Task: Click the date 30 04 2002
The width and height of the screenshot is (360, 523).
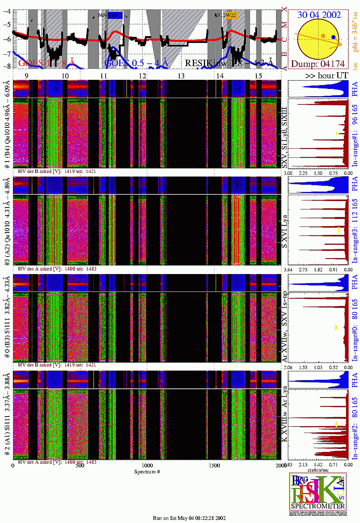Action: click(x=319, y=15)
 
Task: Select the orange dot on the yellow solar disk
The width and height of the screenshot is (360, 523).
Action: click(x=323, y=36)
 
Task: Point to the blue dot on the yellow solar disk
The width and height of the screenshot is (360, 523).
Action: click(x=333, y=37)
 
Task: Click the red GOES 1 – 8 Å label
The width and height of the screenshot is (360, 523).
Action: click(x=46, y=63)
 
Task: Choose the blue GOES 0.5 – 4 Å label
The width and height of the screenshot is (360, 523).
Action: click(x=136, y=63)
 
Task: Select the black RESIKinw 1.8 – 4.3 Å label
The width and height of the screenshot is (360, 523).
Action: click(x=229, y=63)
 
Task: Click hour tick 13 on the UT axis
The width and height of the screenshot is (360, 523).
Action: click(x=181, y=76)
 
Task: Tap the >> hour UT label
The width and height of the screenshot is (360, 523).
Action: click(x=327, y=75)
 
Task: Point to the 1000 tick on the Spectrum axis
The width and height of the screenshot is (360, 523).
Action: click(x=147, y=465)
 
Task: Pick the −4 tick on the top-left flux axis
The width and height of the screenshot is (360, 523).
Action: click(x=7, y=11)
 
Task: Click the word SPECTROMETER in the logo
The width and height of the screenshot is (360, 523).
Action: click(x=318, y=506)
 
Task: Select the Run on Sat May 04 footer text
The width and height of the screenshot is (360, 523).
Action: click(x=189, y=518)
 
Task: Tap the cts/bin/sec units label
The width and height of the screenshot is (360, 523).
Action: click(x=318, y=470)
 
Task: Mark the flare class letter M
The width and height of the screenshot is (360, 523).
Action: click(x=284, y=25)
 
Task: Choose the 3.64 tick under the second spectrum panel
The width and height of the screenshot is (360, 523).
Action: click(x=288, y=269)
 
